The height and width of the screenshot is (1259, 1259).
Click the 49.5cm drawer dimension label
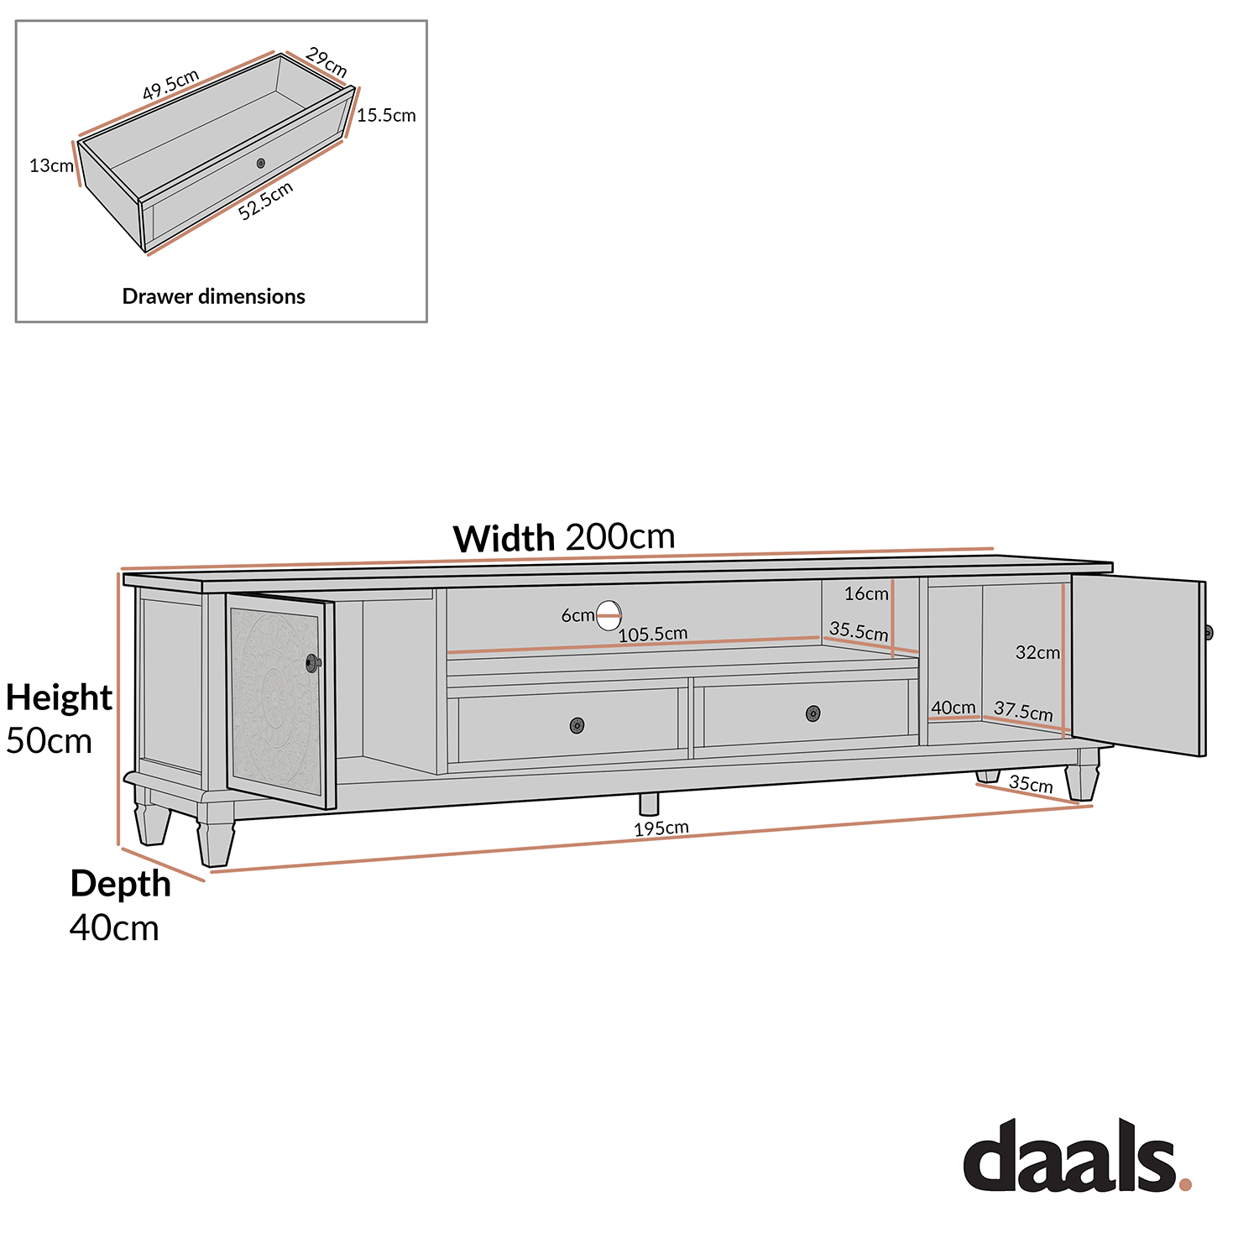pyautogui.click(x=170, y=86)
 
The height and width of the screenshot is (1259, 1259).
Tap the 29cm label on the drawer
pyautogui.click(x=327, y=63)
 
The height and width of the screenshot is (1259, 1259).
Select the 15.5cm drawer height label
pyautogui.click(x=386, y=116)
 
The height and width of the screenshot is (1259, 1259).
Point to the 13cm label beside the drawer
pyautogui.click(x=51, y=166)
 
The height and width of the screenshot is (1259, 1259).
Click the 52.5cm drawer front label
pyautogui.click(x=265, y=201)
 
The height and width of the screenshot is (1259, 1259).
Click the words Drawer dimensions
pyautogui.click(x=213, y=296)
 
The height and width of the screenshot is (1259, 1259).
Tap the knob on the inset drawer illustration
pyautogui.click(x=261, y=163)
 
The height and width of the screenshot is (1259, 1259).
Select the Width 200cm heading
pyautogui.click(x=564, y=537)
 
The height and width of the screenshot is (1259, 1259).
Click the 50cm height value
pyautogui.click(x=49, y=741)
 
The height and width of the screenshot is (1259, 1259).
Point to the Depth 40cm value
pyautogui.click(x=114, y=928)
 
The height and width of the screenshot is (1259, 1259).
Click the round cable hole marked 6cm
pyautogui.click(x=609, y=615)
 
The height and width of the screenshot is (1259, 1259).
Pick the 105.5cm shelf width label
pyautogui.click(x=653, y=635)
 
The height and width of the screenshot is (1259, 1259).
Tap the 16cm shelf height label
pyautogui.click(x=866, y=594)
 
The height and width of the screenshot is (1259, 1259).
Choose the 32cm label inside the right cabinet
pyautogui.click(x=1037, y=653)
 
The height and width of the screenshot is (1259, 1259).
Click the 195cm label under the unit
pyautogui.click(x=661, y=828)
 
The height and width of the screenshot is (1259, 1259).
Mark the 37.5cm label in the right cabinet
pyautogui.click(x=1023, y=712)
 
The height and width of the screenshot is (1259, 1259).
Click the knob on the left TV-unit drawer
pyautogui.click(x=577, y=725)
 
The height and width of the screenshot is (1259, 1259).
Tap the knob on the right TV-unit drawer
pyautogui.click(x=812, y=713)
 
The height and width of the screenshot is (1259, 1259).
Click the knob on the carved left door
pyautogui.click(x=313, y=663)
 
